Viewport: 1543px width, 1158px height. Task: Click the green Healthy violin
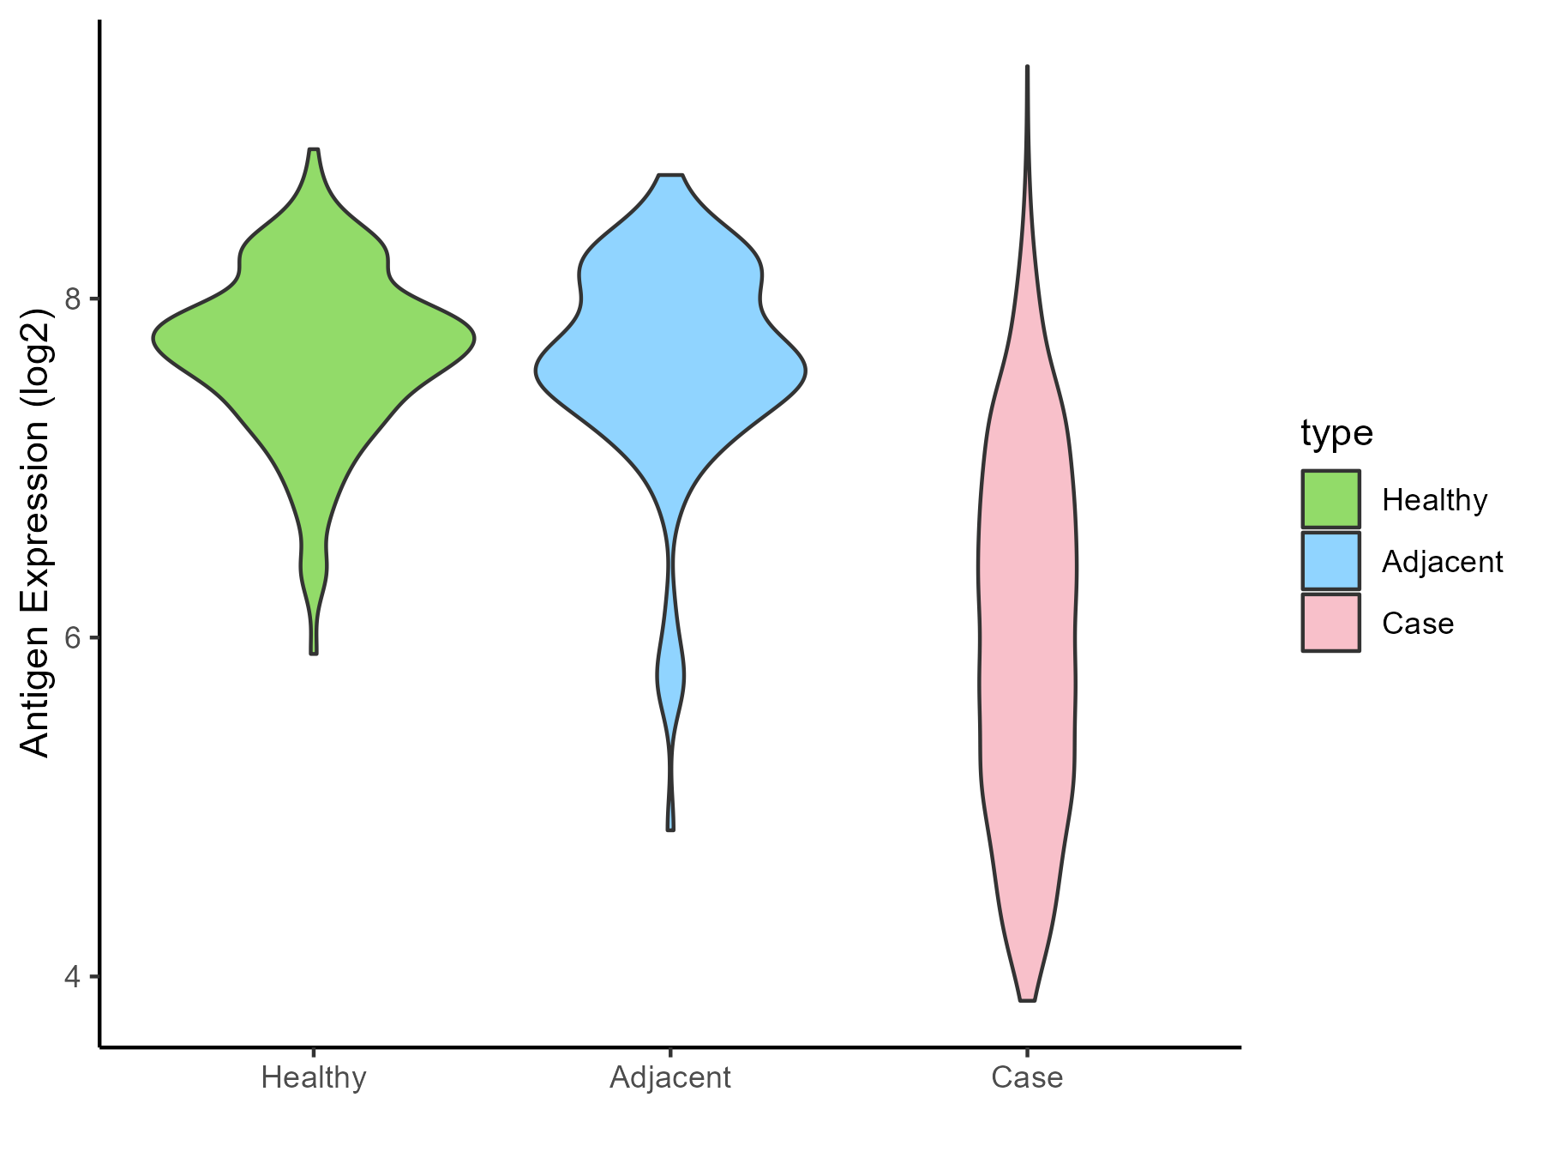click(x=314, y=360)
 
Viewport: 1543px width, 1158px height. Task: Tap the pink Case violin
click(x=1027, y=600)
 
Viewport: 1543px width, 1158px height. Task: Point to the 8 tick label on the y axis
click(x=73, y=299)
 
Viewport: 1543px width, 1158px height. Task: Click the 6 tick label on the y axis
click(x=73, y=638)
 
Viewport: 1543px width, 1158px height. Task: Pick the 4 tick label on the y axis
click(x=73, y=977)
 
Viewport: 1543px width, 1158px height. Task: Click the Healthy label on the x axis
click(x=314, y=1077)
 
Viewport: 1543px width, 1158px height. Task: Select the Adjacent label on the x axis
click(x=670, y=1077)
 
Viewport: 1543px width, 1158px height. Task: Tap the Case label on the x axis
click(x=1027, y=1077)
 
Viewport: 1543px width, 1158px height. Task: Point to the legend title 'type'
click(x=1336, y=433)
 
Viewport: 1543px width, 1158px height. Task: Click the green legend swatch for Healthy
click(x=1330, y=499)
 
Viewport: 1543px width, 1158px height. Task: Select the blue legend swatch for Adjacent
click(x=1330, y=561)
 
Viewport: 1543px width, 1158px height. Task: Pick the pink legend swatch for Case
click(x=1330, y=623)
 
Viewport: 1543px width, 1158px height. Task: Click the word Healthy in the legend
click(x=1434, y=500)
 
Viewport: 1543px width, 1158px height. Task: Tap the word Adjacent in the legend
click(x=1442, y=562)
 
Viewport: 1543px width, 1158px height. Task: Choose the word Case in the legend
click(x=1417, y=624)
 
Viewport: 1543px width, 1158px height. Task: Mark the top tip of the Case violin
click(x=1027, y=68)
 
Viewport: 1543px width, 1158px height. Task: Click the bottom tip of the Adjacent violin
click(x=670, y=829)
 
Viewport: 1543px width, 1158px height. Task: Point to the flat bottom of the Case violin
click(x=1027, y=999)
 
